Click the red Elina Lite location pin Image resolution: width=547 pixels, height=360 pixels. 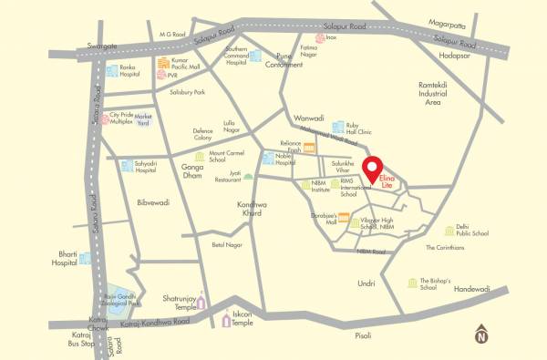coord(372,169)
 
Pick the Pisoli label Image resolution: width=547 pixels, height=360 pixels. coord(363,335)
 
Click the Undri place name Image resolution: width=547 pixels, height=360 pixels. coord(366,283)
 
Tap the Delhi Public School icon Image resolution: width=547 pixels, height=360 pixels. coord(449,231)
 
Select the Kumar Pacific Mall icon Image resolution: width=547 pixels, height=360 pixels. coord(163,64)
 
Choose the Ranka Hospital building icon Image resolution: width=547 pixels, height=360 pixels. coord(111,71)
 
